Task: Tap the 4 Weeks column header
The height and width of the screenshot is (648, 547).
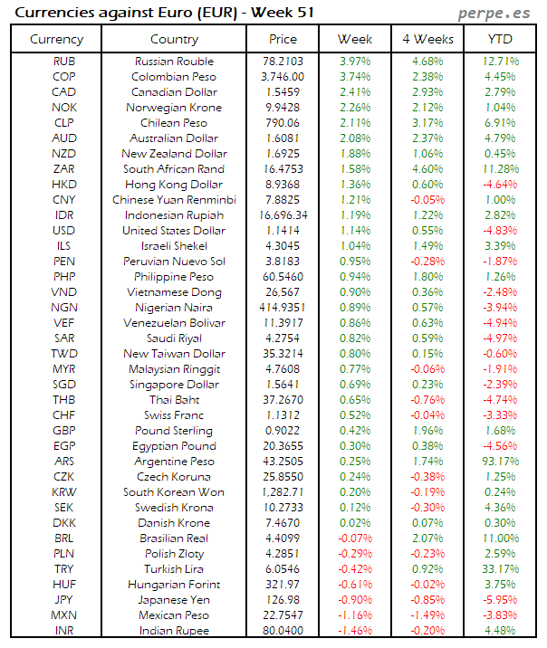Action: click(x=427, y=40)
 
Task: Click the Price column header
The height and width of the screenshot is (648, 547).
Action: click(x=283, y=40)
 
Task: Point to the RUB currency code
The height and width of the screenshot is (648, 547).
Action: click(x=64, y=62)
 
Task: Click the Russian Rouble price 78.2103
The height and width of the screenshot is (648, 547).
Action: click(x=283, y=62)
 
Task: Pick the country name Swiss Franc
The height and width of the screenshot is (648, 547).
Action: click(x=174, y=415)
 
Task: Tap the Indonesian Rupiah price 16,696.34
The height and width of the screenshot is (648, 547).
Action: click(x=283, y=215)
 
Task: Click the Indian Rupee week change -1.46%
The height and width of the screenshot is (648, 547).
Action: click(x=354, y=631)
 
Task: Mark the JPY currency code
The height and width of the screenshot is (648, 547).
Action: click(x=64, y=600)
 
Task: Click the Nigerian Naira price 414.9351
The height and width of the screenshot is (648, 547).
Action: click(x=283, y=308)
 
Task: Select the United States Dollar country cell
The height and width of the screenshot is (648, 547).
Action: click(x=174, y=231)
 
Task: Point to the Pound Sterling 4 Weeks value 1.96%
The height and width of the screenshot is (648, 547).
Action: click(x=427, y=431)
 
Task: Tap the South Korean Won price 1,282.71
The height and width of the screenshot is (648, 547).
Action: click(x=283, y=492)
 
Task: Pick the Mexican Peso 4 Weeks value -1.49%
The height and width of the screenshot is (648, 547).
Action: click(x=427, y=615)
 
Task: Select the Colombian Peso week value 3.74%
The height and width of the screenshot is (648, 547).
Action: click(x=354, y=77)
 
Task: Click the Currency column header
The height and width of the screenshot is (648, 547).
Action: click(x=56, y=40)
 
